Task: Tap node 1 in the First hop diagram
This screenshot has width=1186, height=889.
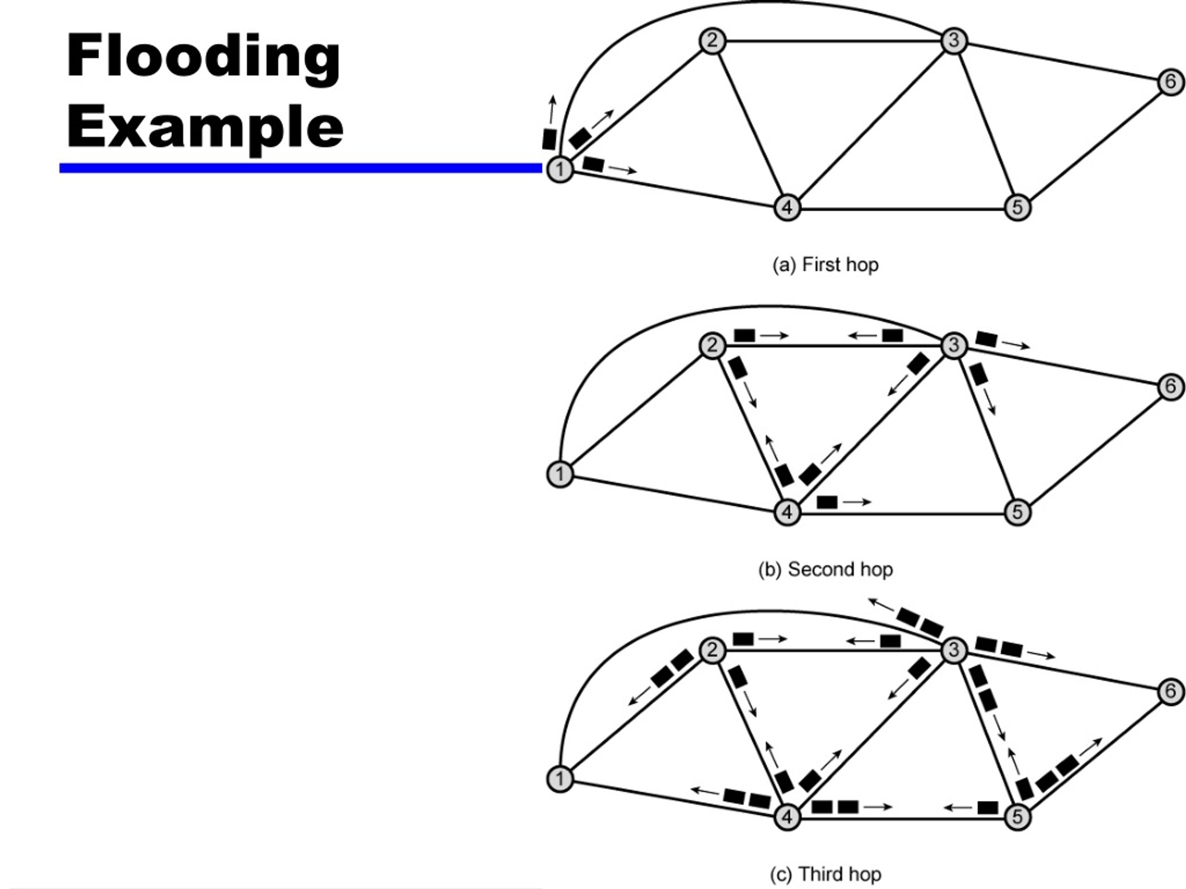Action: (560, 169)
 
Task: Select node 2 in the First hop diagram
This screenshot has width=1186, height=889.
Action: (713, 41)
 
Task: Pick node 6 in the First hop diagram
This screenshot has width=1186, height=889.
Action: (1171, 82)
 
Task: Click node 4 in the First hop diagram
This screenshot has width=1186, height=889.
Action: (787, 207)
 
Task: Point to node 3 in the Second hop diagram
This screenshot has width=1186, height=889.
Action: (954, 345)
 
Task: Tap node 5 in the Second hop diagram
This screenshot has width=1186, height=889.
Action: (1017, 512)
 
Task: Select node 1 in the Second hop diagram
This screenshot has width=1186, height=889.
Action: (560, 474)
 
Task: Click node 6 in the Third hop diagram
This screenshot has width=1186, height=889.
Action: (1171, 691)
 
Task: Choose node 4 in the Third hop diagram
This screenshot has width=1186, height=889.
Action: (787, 817)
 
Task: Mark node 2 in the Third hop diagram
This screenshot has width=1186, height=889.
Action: (713, 650)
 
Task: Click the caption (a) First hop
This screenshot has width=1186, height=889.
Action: (825, 265)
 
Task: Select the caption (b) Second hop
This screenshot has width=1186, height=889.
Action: (826, 569)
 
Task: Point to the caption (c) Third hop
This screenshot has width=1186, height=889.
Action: (826, 874)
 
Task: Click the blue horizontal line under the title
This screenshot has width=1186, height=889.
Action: (300, 168)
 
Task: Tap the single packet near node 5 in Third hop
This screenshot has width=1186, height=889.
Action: (988, 808)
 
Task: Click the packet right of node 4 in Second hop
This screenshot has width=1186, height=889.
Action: (827, 502)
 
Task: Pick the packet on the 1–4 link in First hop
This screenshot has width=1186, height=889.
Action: (593, 164)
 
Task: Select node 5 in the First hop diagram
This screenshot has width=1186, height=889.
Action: (1017, 207)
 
